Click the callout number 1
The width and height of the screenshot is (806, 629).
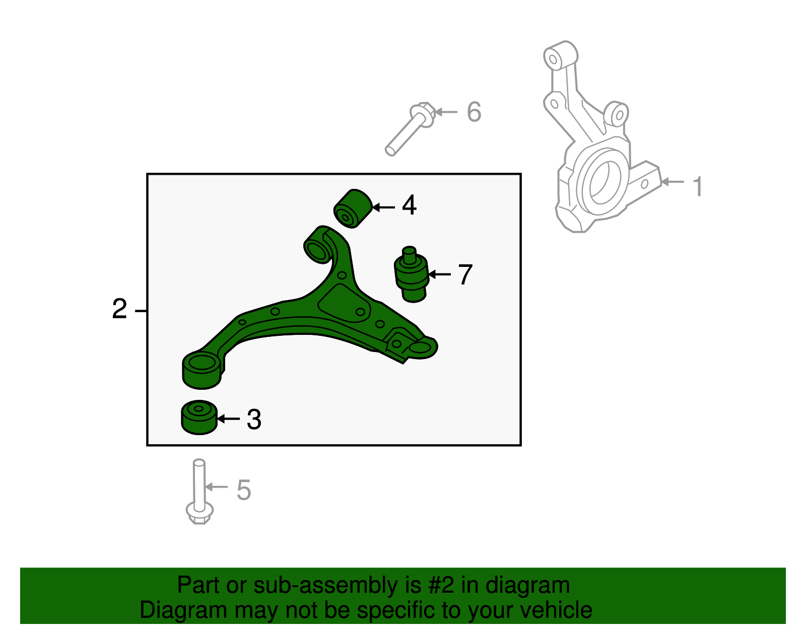698,186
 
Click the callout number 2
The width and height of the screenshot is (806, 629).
119,309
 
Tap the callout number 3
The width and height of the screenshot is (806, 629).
254,420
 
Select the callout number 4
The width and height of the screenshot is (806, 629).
409,205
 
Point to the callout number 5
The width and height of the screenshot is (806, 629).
244,490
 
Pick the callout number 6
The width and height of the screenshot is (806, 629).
474,112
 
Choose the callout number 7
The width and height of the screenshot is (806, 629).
465,275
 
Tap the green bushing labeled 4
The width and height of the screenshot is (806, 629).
353,208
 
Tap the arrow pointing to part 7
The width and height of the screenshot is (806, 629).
439,274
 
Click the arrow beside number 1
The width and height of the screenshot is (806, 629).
672,181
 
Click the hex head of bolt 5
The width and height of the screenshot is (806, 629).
199,513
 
